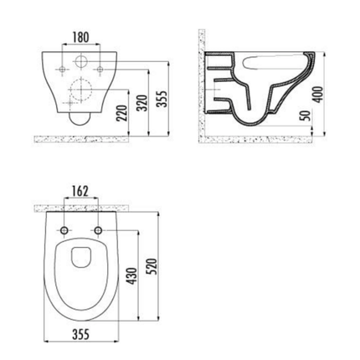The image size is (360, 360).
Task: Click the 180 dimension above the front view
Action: point(80,37)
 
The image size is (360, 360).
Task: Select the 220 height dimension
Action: point(124,105)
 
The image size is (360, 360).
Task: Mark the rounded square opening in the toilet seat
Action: point(81,258)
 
